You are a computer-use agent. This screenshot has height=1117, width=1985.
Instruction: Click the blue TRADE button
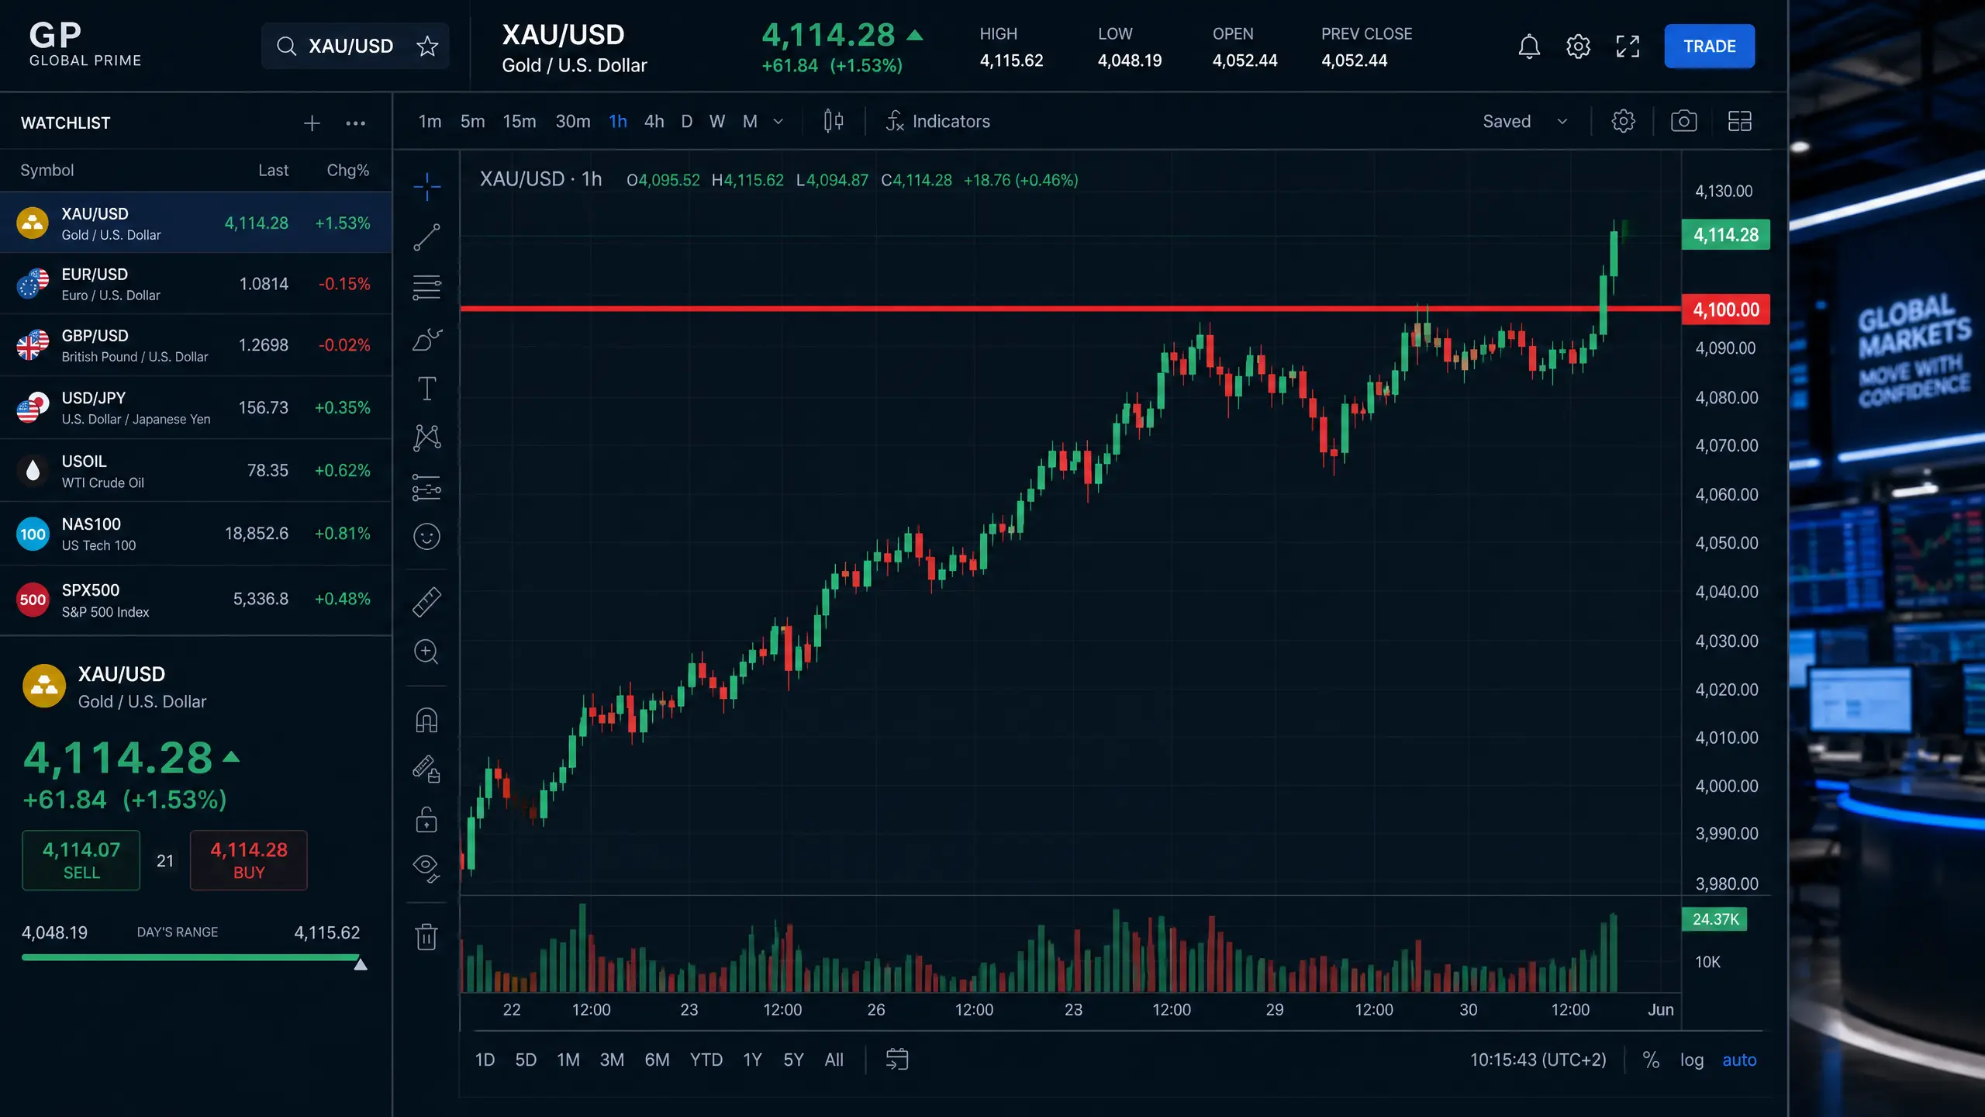point(1709,47)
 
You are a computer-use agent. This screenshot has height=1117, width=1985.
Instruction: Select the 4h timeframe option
point(654,122)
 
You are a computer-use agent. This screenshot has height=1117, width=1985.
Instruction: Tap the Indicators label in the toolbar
point(951,122)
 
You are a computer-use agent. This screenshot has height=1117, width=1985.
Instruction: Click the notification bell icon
point(1529,47)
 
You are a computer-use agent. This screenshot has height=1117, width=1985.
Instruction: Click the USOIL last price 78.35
point(268,470)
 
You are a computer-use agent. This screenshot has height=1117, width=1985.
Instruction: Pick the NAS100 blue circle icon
point(33,534)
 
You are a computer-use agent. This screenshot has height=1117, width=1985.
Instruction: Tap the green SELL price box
point(81,860)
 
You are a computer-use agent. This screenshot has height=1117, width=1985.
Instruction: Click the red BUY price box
point(249,860)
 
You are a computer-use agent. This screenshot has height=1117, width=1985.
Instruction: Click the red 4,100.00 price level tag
point(1725,310)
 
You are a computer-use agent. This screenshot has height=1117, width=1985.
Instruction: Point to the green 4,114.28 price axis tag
point(1725,235)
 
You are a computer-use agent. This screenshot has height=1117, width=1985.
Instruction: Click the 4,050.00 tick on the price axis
point(1726,543)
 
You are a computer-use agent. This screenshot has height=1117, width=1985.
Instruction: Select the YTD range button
point(706,1060)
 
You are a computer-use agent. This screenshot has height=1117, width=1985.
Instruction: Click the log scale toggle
point(1691,1060)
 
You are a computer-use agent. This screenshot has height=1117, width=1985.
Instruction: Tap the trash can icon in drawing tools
point(426,936)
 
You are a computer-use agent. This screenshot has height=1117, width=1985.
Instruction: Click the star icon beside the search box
point(427,47)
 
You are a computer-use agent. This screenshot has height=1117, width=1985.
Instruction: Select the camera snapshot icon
point(1683,121)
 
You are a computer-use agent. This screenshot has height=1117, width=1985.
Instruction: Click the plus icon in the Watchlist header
point(312,123)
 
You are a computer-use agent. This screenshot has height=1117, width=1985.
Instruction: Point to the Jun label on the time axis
point(1660,1010)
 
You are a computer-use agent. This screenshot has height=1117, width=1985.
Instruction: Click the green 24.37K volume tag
point(1714,919)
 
